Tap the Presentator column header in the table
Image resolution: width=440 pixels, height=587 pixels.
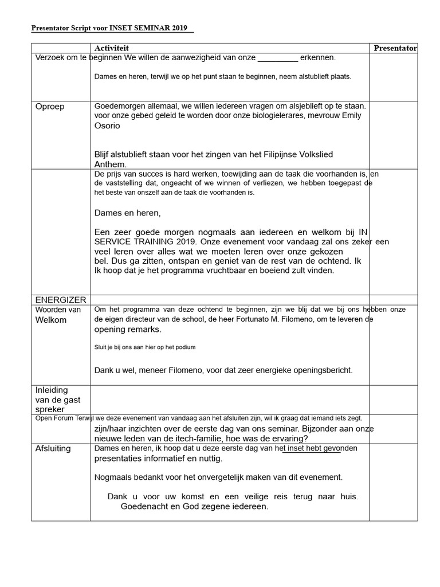395,49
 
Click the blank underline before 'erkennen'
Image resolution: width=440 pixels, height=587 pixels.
278,58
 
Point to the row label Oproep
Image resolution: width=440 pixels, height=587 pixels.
50,107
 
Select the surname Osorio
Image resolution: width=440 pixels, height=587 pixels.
107,126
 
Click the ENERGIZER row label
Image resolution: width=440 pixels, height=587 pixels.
61,300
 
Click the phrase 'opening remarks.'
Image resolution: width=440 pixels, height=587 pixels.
128,330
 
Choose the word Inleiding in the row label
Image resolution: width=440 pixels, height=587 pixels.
52,390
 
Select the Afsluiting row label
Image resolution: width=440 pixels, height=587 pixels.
53,448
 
